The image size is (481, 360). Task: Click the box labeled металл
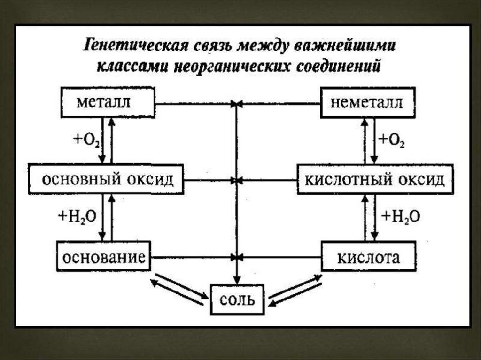coord(108,102)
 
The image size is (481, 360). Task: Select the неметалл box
coord(368,102)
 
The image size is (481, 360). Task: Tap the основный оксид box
coord(106,179)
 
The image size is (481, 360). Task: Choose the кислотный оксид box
coord(375,179)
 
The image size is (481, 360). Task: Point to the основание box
coord(104,256)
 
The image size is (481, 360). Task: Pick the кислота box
coord(368,256)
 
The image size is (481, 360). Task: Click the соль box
coord(237,299)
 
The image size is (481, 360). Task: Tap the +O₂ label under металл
coord(86,140)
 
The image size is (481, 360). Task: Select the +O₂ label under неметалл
coord(392,140)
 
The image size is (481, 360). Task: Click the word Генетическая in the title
coord(135,46)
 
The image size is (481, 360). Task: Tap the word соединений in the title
coord(338,66)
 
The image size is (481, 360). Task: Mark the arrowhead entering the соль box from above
coord(237,280)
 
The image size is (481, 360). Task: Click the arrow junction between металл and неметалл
coord(237,104)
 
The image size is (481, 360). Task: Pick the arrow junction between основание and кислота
coord(237,257)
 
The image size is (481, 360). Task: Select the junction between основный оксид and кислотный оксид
coord(237,180)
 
